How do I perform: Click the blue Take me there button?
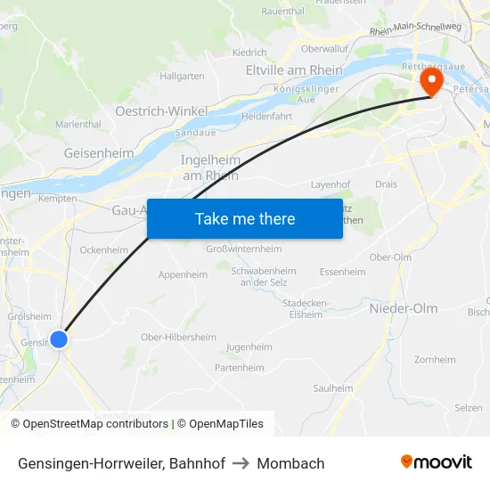tap(245, 218)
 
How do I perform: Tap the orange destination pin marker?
tap(431, 84)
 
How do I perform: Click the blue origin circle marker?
tap(59, 339)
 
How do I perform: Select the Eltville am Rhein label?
tap(295, 70)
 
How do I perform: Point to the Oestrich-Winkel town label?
tap(161, 111)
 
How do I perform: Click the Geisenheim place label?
tap(99, 153)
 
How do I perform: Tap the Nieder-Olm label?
tap(404, 308)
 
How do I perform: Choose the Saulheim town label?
tap(333, 388)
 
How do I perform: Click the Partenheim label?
tap(240, 368)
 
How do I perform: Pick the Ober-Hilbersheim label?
tap(178, 337)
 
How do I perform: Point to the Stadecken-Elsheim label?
tap(306, 308)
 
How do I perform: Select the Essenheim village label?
tap(342, 272)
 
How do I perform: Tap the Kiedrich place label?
tap(249, 53)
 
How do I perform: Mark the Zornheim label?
tap(435, 360)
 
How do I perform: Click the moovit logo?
tap(437, 462)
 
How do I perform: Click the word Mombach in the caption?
tap(290, 463)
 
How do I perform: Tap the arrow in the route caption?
tap(241, 463)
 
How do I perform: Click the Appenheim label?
tap(183, 275)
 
